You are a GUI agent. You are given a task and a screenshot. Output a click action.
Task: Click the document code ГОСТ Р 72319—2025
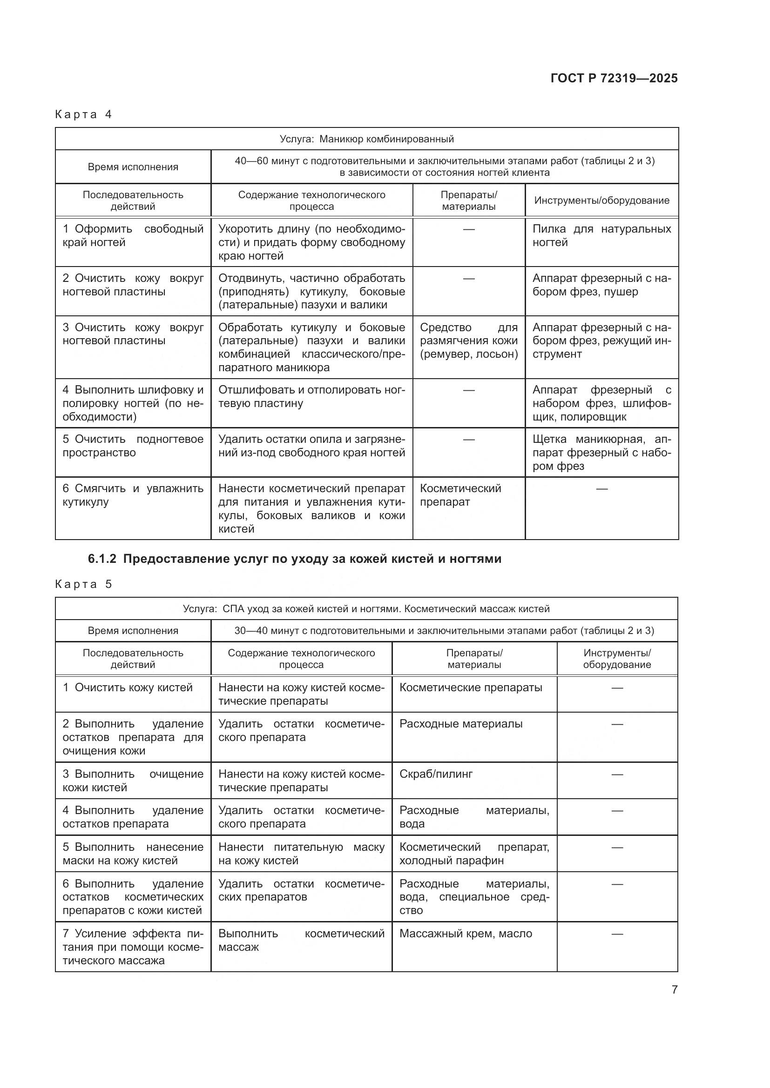pyautogui.click(x=614, y=78)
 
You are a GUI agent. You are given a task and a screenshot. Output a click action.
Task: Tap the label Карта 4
pyautogui.click(x=83, y=114)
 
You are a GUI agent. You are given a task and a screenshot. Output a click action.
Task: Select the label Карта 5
pyautogui.click(x=83, y=584)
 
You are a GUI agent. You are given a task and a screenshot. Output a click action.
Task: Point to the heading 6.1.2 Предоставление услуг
pyautogui.click(x=294, y=559)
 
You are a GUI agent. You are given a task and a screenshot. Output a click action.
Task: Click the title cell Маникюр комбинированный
pyautogui.click(x=366, y=139)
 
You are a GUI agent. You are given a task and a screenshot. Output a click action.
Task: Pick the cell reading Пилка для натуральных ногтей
pyautogui.click(x=601, y=235)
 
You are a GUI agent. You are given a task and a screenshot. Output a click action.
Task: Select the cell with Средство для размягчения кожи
pyautogui.click(x=468, y=340)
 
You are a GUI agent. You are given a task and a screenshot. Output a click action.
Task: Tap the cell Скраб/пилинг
pyautogui.click(x=436, y=774)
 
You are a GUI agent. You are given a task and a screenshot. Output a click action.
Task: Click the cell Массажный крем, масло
pyautogui.click(x=465, y=934)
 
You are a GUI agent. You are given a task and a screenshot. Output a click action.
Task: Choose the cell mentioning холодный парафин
pyautogui.click(x=473, y=854)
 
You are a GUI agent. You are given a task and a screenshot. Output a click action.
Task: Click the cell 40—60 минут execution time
pyautogui.click(x=444, y=167)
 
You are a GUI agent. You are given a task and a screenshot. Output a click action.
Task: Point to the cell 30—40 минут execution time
pyautogui.click(x=444, y=631)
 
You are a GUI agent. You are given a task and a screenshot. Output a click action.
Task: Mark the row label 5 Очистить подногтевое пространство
pyautogui.click(x=133, y=446)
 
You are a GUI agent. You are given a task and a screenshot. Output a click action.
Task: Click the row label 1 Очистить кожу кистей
pyautogui.click(x=128, y=688)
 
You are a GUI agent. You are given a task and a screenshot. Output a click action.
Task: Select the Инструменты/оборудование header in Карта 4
pyautogui.click(x=601, y=200)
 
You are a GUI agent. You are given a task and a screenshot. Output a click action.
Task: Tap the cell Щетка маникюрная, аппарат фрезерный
pyautogui.click(x=601, y=452)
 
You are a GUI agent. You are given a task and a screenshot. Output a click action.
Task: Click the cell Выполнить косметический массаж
pyautogui.click(x=301, y=940)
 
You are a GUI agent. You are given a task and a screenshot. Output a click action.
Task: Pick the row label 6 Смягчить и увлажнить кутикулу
pyautogui.click(x=133, y=495)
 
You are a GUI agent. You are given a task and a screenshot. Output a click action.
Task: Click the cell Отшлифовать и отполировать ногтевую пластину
pyautogui.click(x=311, y=397)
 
